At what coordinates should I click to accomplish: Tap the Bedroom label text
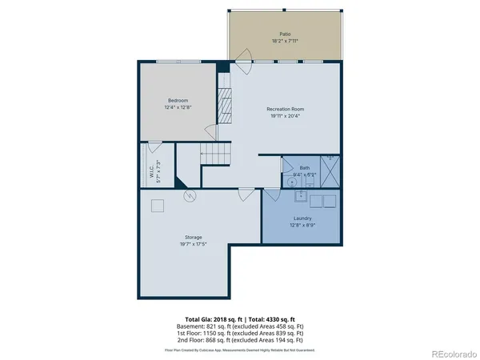coord(178,100)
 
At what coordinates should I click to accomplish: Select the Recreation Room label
coord(286,108)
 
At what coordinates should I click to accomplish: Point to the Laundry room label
coord(302,218)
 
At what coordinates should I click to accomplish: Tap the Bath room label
coord(304,167)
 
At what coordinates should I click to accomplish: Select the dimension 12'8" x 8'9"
coord(302,225)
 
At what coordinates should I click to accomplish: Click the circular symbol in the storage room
coord(190,195)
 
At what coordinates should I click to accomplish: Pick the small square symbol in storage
coord(158,206)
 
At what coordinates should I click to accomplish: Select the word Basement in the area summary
coord(190,327)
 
